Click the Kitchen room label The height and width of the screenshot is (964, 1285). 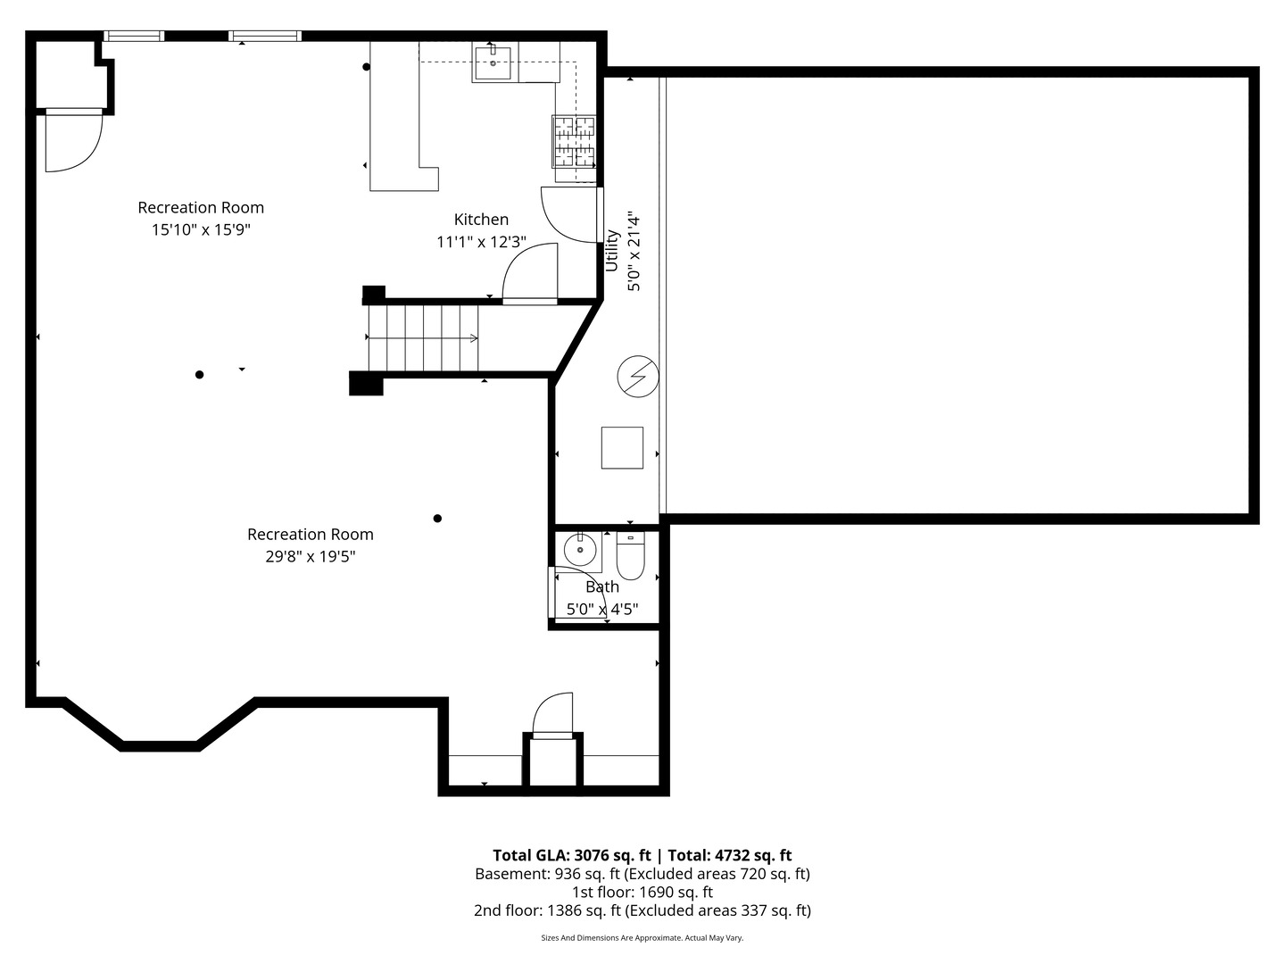[481, 220]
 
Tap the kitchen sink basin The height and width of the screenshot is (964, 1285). [493, 63]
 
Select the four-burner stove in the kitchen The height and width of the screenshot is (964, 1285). [575, 142]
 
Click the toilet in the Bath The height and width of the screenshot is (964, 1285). [631, 555]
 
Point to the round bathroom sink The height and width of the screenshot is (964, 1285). [580, 550]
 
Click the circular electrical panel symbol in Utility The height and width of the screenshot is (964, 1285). [638, 377]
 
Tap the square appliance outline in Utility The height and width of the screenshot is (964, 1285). [622, 448]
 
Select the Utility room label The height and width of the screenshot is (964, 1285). [612, 251]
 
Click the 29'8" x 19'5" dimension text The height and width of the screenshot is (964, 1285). [311, 556]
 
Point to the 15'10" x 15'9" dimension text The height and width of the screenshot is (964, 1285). [201, 229]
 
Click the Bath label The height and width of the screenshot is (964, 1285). [602, 586]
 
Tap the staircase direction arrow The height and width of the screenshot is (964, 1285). [422, 337]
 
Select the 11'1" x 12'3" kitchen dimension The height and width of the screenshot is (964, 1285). [481, 242]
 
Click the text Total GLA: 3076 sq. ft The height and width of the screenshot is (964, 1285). [571, 855]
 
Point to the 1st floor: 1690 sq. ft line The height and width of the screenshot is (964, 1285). [642, 892]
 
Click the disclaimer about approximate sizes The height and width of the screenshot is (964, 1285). [642, 937]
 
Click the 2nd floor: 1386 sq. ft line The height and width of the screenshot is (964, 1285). [642, 910]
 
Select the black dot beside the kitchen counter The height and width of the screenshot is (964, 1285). [367, 67]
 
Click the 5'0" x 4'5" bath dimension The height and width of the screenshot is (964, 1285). [602, 610]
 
